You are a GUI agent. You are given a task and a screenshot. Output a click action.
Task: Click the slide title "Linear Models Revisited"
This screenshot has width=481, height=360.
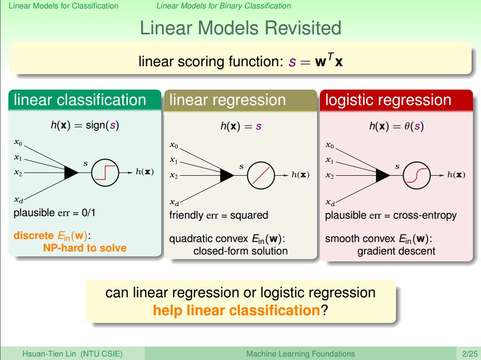click(240, 28)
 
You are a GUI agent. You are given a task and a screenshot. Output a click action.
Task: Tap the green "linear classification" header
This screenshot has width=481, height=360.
click(80, 100)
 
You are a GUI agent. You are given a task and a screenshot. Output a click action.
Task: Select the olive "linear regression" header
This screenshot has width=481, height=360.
click(227, 100)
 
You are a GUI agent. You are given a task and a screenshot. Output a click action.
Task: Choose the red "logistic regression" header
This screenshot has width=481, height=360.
click(388, 100)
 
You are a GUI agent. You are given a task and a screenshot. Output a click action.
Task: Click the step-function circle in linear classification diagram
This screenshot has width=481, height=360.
click(105, 172)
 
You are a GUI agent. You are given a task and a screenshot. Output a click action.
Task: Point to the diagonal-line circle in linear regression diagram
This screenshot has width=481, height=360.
click(261, 175)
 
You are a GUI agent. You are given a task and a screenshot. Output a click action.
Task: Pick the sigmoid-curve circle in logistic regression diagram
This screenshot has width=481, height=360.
click(416, 175)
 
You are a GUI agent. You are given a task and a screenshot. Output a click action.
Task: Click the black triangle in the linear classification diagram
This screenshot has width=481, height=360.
click(71, 172)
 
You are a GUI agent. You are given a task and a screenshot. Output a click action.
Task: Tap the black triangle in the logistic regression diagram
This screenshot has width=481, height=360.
click(383, 175)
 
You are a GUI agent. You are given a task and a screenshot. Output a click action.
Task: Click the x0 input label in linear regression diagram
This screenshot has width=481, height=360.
click(174, 145)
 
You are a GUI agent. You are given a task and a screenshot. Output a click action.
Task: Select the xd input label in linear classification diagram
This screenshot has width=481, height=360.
click(18, 200)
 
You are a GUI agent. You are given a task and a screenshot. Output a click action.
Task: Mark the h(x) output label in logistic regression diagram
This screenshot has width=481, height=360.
click(456, 175)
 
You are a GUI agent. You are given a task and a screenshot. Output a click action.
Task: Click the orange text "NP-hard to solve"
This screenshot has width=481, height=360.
click(85, 248)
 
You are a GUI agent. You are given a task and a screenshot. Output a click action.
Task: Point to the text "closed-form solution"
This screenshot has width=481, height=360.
click(240, 251)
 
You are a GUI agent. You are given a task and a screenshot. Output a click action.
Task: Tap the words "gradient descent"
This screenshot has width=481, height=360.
click(396, 251)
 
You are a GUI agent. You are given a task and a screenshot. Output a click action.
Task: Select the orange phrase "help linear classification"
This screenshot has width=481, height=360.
click(236, 310)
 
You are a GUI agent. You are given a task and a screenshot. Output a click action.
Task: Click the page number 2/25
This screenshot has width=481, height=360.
click(469, 354)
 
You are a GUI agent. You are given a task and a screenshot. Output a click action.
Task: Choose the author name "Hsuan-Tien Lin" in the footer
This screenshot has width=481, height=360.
click(48, 354)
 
